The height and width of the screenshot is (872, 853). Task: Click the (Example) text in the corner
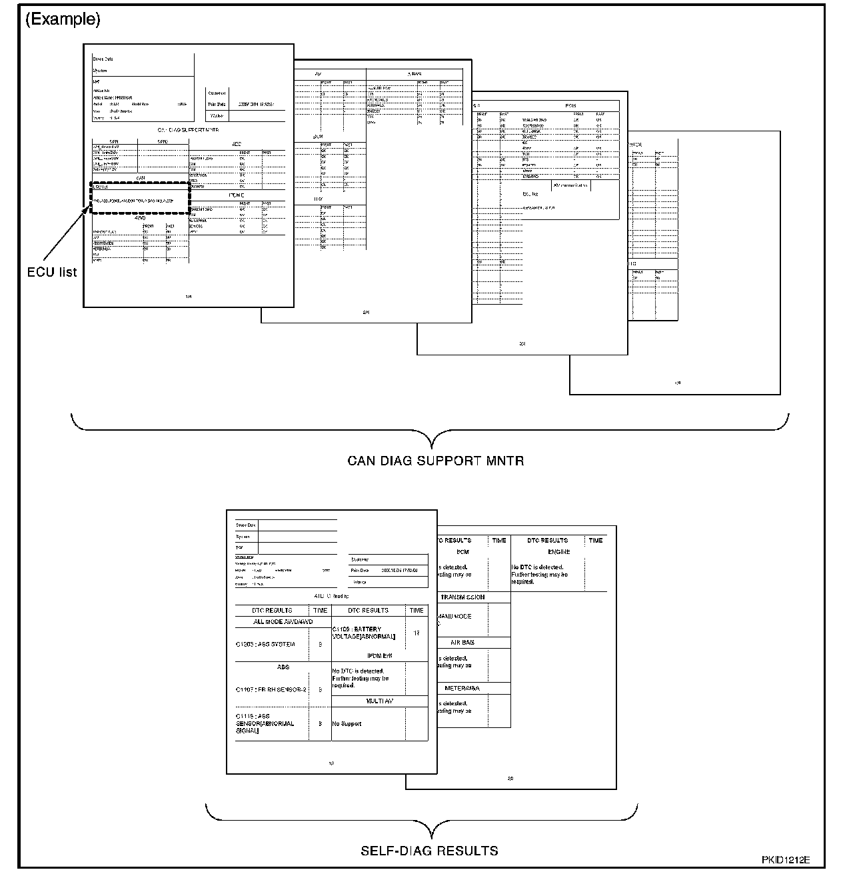coord(63,20)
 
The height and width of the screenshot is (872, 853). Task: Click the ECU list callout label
coord(52,272)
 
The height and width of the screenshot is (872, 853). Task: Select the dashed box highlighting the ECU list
coord(141,198)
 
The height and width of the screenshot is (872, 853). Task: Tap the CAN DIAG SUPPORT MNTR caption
coord(435,461)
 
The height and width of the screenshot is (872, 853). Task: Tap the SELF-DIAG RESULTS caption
coord(429,851)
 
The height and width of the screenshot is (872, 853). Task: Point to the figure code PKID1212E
coord(791,860)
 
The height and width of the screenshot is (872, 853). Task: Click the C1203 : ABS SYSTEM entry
coord(265,645)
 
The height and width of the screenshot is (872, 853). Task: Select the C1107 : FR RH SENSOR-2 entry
coord(271,689)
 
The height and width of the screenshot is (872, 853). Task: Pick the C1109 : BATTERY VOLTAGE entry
coord(364,633)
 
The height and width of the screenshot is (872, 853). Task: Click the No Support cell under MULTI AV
coord(347,723)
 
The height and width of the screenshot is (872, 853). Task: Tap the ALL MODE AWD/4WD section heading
coord(283,621)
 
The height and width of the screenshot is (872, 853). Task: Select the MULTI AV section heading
coord(379,701)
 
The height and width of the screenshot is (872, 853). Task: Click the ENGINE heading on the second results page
coord(558,552)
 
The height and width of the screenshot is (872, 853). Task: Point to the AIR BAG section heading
coord(462,643)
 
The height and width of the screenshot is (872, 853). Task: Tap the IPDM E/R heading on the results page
coord(379,656)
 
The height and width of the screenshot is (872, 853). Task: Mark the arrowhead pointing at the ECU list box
coord(87,210)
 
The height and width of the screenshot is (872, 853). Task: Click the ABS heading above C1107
coord(283,667)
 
